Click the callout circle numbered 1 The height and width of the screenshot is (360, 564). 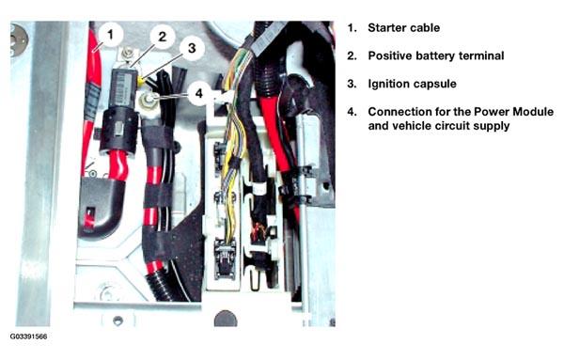point(110,35)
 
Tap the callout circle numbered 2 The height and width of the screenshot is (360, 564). point(163,37)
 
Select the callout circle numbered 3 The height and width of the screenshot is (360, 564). point(192,48)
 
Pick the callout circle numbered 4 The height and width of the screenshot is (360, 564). point(199,93)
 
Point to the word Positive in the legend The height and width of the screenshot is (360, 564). point(389,55)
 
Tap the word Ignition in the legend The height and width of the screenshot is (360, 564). point(388,84)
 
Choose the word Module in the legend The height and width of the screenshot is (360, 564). point(533,112)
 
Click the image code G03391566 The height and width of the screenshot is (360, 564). point(28,337)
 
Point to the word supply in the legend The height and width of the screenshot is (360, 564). point(492,126)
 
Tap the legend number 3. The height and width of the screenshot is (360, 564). point(352,84)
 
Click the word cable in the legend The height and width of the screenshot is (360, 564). point(426,27)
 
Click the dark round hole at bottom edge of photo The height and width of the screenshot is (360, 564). point(226,319)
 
